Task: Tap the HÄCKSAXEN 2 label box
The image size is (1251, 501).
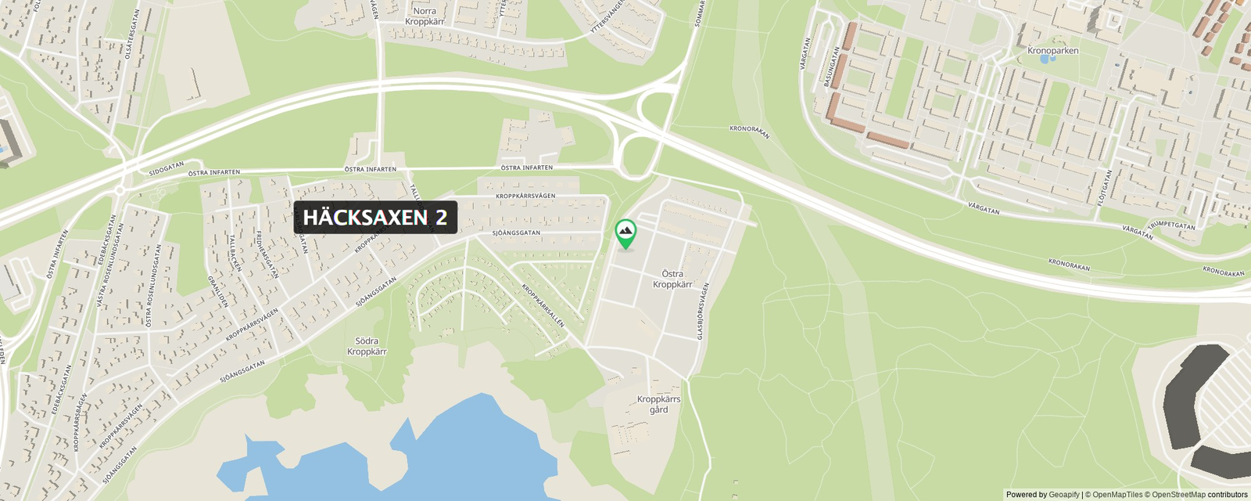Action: tap(375, 218)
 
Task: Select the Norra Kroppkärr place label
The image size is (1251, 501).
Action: tap(425, 16)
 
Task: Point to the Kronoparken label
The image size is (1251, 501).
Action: tap(1052, 51)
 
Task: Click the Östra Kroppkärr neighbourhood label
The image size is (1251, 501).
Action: tap(672, 279)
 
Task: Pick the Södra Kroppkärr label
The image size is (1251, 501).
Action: tap(367, 346)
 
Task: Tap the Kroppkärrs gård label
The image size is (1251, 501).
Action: tap(658, 404)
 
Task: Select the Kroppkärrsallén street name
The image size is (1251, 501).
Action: tap(543, 305)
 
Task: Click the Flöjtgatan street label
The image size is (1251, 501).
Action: tap(1104, 188)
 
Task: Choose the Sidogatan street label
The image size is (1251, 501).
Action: tap(167, 168)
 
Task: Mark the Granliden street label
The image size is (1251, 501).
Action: tap(217, 290)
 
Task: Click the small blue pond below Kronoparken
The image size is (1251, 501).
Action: tap(1052, 59)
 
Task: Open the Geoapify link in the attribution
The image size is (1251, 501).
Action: tap(1063, 495)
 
